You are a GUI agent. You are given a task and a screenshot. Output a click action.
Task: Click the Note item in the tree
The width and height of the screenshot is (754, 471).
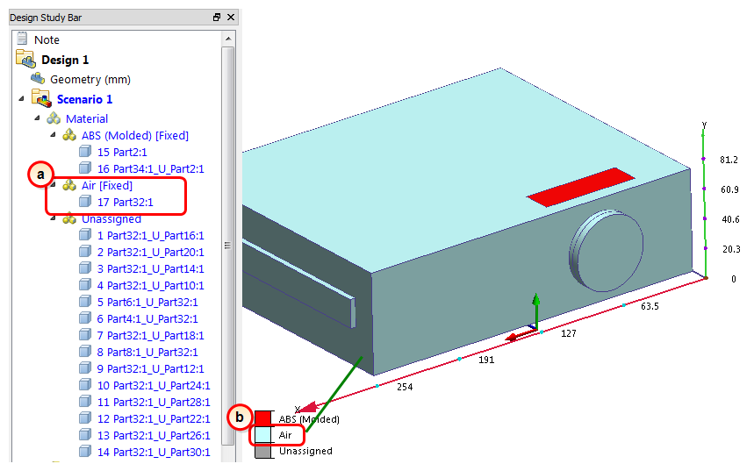[x=47, y=39]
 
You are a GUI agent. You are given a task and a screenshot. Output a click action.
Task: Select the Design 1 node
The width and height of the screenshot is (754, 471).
[x=65, y=60]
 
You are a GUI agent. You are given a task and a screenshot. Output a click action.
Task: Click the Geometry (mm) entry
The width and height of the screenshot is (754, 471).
[x=90, y=79]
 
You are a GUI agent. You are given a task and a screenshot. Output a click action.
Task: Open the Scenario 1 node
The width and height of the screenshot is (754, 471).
[x=84, y=99]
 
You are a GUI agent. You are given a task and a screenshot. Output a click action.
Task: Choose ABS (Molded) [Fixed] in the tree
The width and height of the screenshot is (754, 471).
[x=134, y=135]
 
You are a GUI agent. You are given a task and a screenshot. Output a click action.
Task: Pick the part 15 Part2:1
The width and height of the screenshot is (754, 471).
[x=122, y=152]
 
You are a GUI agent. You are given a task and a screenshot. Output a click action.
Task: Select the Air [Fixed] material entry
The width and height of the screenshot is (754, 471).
[x=106, y=185]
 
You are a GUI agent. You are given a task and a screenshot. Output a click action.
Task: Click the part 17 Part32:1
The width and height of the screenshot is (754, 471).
[x=126, y=202]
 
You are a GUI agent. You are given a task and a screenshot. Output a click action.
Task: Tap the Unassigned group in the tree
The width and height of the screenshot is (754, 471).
[x=111, y=218]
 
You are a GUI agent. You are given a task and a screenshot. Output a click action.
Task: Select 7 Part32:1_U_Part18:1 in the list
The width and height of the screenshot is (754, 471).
[x=150, y=335]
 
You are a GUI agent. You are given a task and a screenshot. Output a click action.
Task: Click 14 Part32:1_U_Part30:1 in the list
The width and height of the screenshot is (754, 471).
[x=154, y=452]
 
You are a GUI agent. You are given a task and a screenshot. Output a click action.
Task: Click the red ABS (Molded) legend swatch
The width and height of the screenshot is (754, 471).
[x=262, y=418]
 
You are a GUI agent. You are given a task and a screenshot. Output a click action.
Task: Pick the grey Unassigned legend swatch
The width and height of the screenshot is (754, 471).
[x=262, y=451]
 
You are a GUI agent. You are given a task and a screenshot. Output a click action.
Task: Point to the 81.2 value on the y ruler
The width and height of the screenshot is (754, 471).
[x=729, y=161]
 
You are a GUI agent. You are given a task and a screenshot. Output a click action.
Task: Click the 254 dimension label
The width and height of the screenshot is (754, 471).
[x=405, y=387]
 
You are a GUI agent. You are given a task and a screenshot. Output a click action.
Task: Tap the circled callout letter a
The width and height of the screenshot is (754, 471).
[x=39, y=175]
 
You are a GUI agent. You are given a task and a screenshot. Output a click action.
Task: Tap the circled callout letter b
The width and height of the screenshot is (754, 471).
[x=240, y=417]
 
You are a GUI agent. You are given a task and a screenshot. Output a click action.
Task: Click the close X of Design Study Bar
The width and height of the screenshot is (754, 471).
[x=231, y=18]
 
